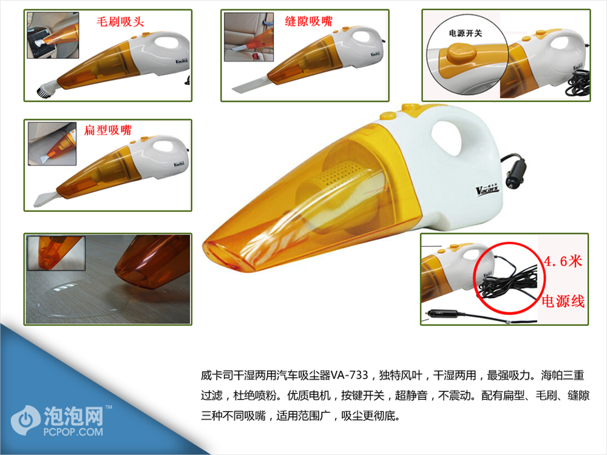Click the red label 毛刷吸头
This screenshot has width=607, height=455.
[x=120, y=21]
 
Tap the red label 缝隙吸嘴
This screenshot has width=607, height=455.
[x=308, y=21]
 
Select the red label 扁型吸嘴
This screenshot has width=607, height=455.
[x=108, y=130]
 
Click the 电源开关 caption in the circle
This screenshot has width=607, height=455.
[x=466, y=33]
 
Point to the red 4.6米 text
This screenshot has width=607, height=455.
[x=563, y=261]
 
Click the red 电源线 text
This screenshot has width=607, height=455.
[x=563, y=301]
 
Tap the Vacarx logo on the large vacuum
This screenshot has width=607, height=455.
[x=487, y=189]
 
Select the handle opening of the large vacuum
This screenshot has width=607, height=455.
[x=448, y=137]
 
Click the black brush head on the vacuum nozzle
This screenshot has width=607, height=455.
[x=43, y=92]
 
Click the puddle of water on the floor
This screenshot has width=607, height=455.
[x=81, y=300]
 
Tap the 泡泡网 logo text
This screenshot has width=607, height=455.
[x=73, y=416]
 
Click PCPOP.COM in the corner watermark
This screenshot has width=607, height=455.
[x=73, y=432]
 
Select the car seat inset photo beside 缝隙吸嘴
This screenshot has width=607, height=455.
[x=249, y=37]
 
